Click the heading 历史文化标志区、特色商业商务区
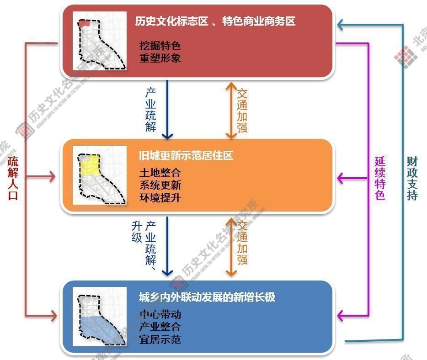[x=215, y=21]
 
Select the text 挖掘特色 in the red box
[x=160, y=46]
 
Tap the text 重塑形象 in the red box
[x=160, y=58]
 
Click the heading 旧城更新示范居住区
[x=186, y=155]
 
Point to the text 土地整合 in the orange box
[x=160, y=173]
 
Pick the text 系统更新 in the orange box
[x=160, y=185]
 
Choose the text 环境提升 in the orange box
[x=160, y=198]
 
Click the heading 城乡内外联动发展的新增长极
[x=207, y=297]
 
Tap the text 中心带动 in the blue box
[x=160, y=315]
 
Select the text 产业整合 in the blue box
[x=160, y=327]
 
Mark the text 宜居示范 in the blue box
[x=160, y=339]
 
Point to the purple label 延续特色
[x=380, y=178]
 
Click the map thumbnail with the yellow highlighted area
[x=100, y=175]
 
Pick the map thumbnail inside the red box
[x=100, y=41]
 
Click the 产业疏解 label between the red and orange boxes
[x=151, y=110]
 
